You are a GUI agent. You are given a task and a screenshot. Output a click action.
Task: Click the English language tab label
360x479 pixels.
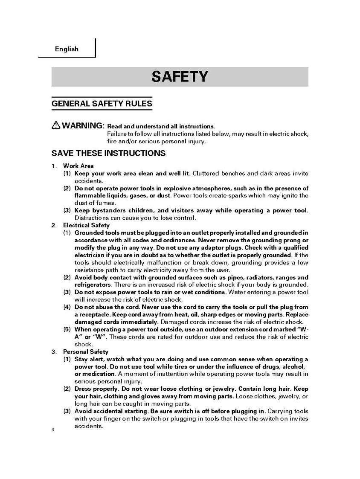(67, 49)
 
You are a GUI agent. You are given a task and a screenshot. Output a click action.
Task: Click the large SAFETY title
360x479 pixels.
(180, 77)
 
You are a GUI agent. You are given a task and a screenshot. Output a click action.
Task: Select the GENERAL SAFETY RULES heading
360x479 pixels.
(102, 103)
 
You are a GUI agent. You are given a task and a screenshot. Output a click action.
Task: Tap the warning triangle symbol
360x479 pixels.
(56, 125)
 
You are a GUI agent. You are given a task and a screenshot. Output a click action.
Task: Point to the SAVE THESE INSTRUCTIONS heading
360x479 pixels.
(108, 153)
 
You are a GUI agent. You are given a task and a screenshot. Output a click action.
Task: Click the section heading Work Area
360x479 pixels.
(78, 166)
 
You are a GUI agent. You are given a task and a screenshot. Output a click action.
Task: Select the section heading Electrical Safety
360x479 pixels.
(86, 225)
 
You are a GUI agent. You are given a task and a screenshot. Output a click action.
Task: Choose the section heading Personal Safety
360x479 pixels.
(86, 352)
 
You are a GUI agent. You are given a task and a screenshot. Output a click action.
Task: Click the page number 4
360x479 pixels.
(53, 429)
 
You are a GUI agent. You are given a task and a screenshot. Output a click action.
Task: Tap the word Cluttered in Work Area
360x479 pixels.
(206, 174)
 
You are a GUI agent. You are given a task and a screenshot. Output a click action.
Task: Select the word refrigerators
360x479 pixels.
(93, 284)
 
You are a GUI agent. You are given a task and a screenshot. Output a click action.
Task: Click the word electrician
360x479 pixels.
(91, 255)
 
